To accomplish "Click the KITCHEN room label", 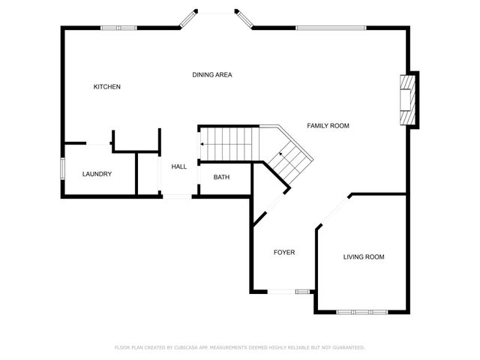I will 106,87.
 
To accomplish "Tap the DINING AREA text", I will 212,75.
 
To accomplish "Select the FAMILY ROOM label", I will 328,126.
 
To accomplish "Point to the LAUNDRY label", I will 97,174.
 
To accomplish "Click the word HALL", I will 178,166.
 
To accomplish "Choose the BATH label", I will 221,178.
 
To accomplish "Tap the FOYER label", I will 283,253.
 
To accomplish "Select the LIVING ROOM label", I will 364,257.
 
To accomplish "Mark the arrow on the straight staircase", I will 202,142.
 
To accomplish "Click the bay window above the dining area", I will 217,12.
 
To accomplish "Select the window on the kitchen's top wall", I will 119,28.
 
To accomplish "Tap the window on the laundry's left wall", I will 62,169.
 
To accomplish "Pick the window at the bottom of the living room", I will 362,311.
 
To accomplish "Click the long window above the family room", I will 330,28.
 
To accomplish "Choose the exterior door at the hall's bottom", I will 177,196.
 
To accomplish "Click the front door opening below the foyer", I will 281,291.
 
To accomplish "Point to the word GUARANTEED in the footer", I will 346,347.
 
